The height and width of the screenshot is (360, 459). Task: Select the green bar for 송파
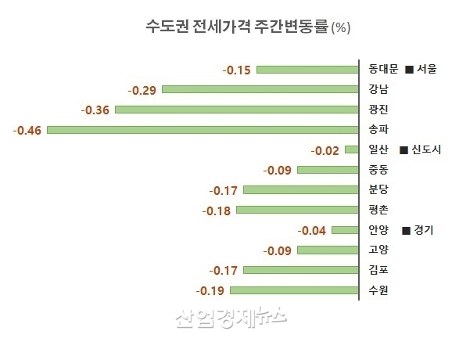point(202,129)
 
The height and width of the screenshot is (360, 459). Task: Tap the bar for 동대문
point(307,70)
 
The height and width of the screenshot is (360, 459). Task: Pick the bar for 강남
point(260,89)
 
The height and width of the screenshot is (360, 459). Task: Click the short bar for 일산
point(351,149)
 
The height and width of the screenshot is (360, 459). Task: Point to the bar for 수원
point(293,290)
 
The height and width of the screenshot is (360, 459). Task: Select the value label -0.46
point(27,129)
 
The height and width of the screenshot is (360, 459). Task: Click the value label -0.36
point(95,109)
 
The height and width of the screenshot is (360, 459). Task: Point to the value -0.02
point(325,149)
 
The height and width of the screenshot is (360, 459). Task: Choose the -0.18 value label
point(217,210)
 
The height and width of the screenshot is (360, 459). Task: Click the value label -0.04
point(312,230)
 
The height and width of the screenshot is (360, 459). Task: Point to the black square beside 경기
point(406,231)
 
